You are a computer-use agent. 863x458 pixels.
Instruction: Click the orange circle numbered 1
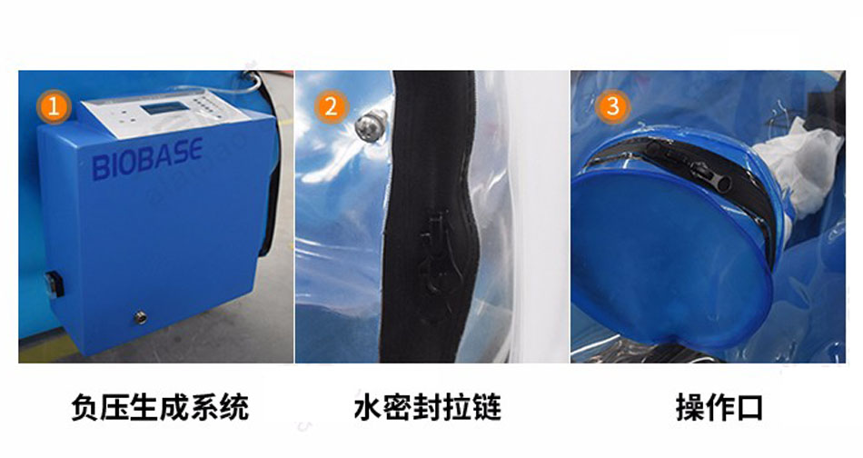point(54,106)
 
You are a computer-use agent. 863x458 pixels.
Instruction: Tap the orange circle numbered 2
point(332,106)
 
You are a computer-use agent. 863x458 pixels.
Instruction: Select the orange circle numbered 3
point(612,106)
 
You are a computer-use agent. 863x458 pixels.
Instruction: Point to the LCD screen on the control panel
point(163,107)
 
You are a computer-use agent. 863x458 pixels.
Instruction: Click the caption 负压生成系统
point(160,408)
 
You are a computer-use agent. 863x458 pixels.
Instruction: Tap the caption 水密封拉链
point(428,408)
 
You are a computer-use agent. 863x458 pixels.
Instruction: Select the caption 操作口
point(719,408)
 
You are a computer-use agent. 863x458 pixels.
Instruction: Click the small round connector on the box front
point(141,317)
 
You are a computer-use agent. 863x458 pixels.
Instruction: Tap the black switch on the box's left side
point(55,284)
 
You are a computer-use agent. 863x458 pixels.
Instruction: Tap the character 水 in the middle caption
point(368,408)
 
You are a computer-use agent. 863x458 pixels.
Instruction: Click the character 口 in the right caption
point(749,408)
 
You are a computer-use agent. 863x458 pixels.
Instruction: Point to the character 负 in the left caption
point(85,408)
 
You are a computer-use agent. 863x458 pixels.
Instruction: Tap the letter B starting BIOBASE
point(99,168)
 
